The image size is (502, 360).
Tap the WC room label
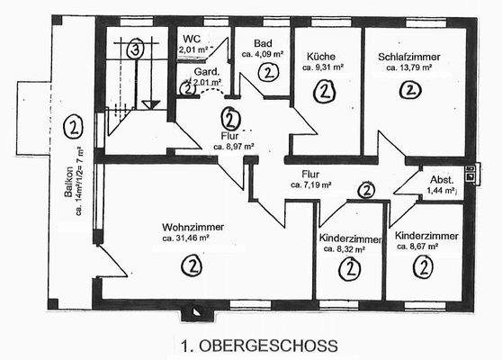click(x=192, y=39)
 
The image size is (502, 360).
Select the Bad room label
click(x=263, y=42)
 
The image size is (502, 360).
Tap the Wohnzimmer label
click(x=193, y=227)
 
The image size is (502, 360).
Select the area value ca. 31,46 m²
click(x=193, y=239)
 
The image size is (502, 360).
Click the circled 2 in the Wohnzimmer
click(x=191, y=265)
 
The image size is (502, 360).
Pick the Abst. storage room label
click(x=442, y=179)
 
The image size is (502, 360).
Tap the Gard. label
click(x=191, y=73)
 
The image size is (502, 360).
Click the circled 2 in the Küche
click(x=324, y=90)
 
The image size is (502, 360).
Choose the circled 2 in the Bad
click(x=264, y=75)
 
